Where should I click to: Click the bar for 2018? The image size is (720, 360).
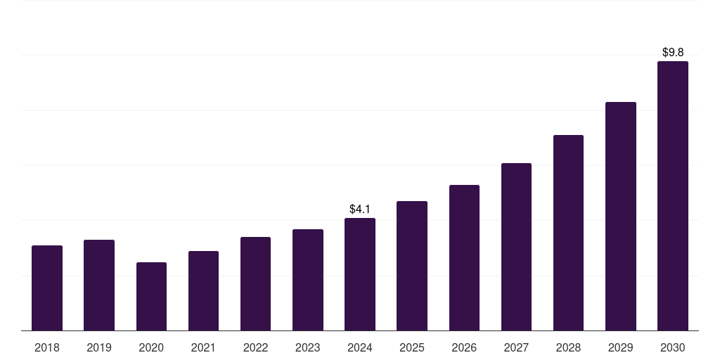47,288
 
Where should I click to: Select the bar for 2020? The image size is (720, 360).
151,296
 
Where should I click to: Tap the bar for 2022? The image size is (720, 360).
255,283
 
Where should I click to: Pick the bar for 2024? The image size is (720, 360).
360,274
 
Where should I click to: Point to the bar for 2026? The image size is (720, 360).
464,257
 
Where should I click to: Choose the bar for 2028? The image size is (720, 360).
568,233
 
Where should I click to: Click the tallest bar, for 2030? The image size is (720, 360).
673,195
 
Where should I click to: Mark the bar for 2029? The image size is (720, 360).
621,216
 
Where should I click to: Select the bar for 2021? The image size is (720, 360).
203,290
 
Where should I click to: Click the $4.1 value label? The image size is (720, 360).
360,209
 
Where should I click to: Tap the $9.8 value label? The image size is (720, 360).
673,52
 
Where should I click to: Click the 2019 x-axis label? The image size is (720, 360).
99,347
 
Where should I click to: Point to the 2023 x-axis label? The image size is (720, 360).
307,347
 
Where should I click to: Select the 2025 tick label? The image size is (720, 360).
412,347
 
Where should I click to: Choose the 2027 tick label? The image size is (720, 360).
516,347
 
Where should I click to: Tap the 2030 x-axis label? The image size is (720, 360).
673,347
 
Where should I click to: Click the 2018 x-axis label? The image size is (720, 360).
47,347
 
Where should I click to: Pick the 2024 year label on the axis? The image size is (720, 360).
360,347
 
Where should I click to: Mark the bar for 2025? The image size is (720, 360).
412,266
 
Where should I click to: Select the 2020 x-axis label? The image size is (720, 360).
151,347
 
